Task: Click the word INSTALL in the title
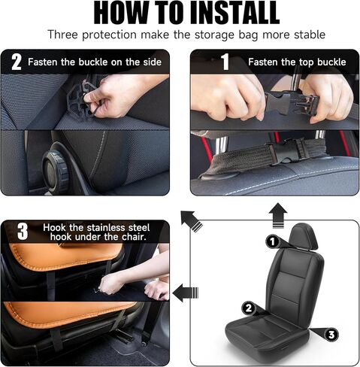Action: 234,13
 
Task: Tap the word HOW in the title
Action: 119,13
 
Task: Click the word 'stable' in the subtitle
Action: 310,35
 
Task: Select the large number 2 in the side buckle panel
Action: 17,62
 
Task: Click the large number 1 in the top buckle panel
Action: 225,62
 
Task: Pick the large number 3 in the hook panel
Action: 23,232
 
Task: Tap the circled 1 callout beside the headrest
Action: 272,241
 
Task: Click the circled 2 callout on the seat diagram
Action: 249,308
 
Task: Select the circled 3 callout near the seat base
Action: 331,335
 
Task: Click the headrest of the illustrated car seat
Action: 304,236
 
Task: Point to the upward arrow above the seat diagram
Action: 278,216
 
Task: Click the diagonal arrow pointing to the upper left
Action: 192,221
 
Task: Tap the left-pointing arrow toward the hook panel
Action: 186,293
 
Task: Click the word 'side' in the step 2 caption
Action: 153,62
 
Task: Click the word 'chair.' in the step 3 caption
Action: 134,237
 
